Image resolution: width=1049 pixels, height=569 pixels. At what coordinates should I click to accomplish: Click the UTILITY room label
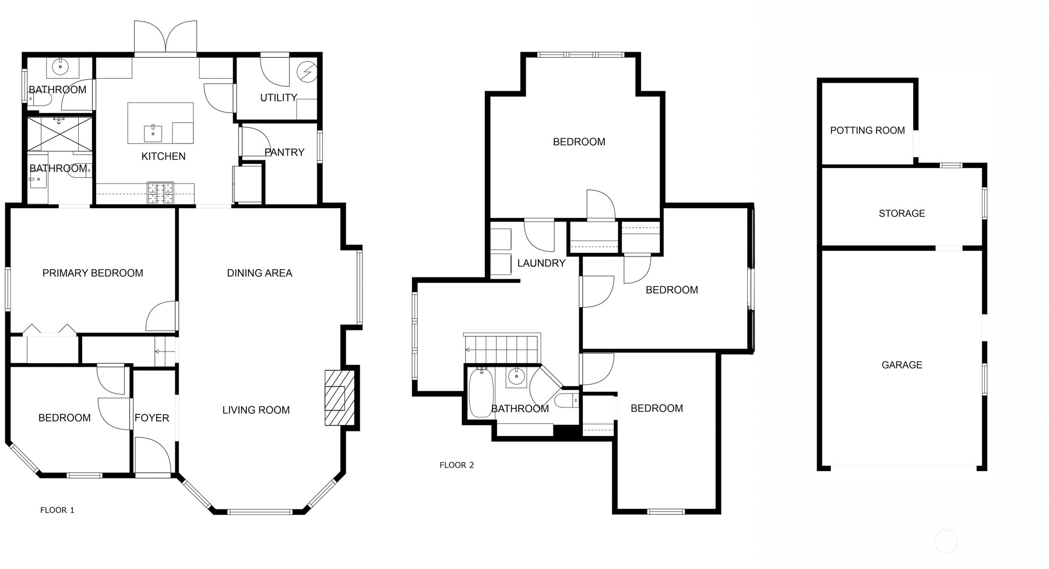pyautogui.click(x=279, y=98)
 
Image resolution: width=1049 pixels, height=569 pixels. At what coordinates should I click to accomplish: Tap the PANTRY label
pyautogui.click(x=284, y=152)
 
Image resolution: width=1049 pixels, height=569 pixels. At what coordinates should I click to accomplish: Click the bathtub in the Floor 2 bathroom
pyautogui.click(x=481, y=393)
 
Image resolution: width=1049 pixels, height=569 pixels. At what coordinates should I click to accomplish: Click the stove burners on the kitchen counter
pyautogui.click(x=160, y=193)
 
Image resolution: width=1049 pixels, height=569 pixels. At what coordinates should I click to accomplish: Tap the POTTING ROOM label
pyautogui.click(x=868, y=131)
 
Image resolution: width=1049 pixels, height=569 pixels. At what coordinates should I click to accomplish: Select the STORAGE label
pyautogui.click(x=902, y=213)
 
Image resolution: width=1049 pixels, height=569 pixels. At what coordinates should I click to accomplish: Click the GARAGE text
pyautogui.click(x=902, y=365)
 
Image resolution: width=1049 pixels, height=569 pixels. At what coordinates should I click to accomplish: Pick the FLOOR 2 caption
pyautogui.click(x=457, y=465)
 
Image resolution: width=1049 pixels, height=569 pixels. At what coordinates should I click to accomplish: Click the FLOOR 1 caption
pyautogui.click(x=57, y=510)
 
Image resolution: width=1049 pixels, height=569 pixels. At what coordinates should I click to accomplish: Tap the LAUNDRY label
pyautogui.click(x=541, y=263)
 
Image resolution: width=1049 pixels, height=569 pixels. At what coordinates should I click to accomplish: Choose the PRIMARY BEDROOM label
pyautogui.click(x=93, y=273)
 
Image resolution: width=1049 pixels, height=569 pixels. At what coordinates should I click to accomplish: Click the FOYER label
pyautogui.click(x=152, y=418)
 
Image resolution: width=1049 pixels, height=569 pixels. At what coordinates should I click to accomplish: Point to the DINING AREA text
pyautogui.click(x=259, y=273)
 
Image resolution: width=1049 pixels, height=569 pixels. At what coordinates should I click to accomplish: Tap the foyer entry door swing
pyautogui.click(x=153, y=457)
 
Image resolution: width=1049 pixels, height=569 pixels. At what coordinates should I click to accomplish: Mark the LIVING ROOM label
pyautogui.click(x=256, y=410)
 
